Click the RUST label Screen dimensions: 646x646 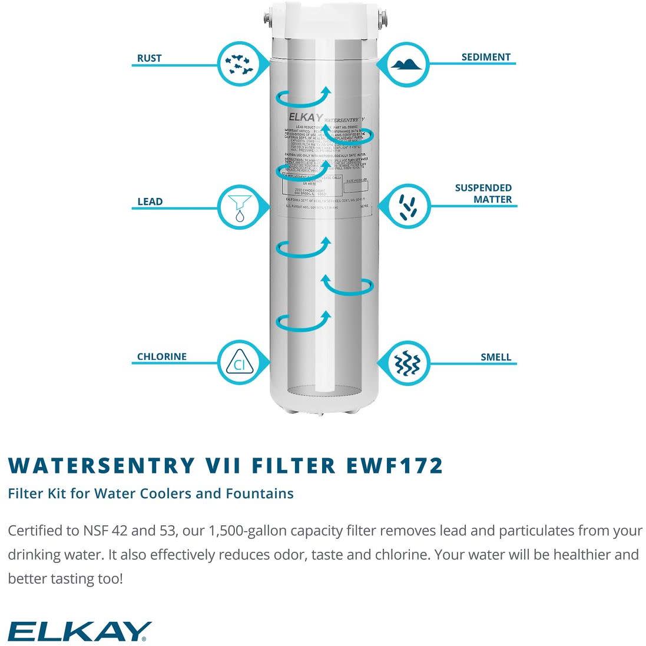point(149,58)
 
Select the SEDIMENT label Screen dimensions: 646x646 point(486,57)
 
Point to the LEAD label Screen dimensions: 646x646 point(150,201)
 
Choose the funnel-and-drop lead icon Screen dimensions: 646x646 point(240,207)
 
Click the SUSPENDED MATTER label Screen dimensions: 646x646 point(483,194)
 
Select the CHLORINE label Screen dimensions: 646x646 point(162,357)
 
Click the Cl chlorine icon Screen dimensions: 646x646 point(240,363)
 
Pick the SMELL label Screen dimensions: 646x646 point(495,357)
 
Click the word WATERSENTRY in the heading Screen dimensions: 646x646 point(101,465)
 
